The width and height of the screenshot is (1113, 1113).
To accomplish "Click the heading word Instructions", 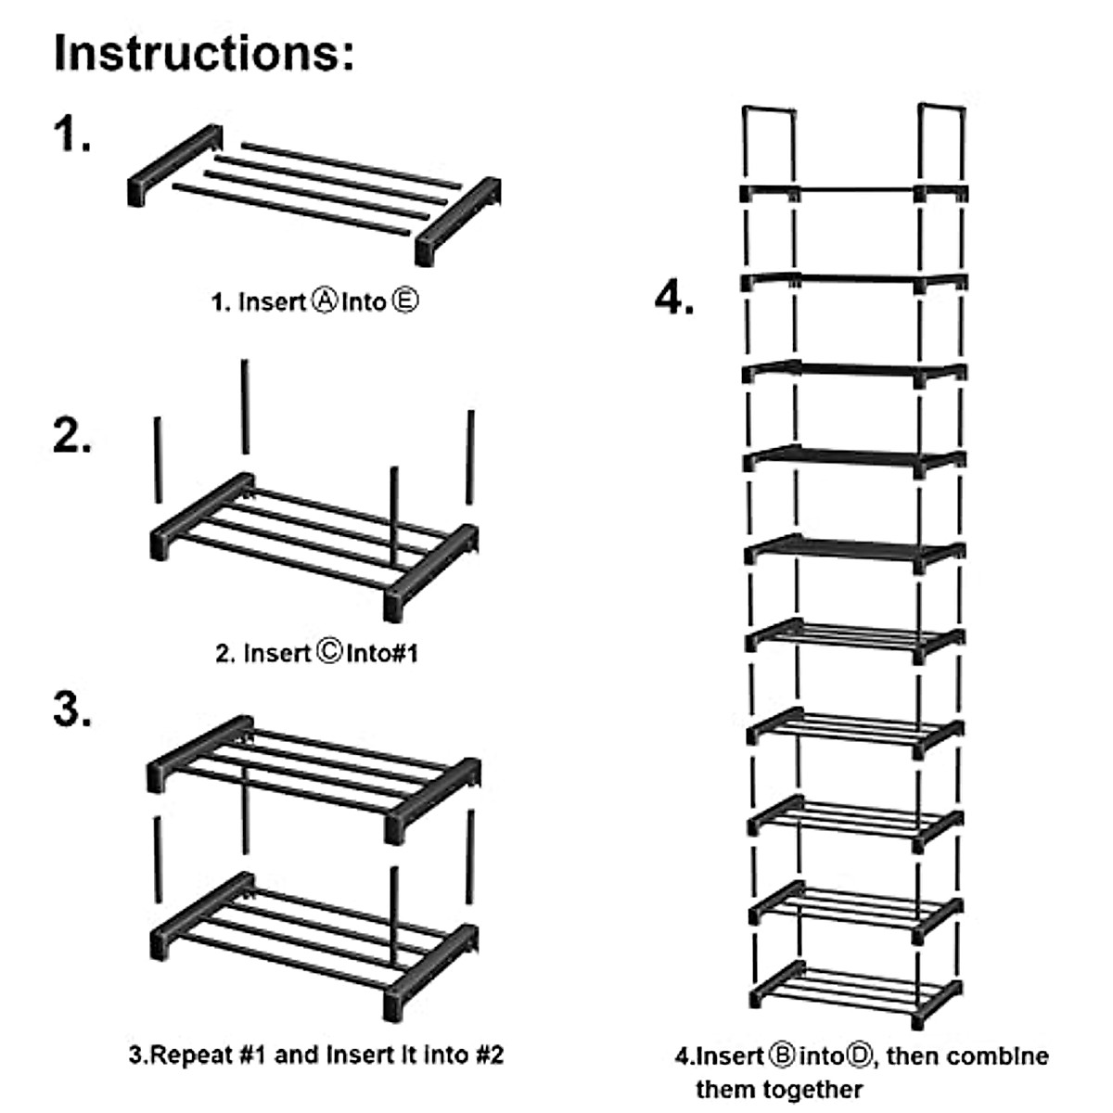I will (x=204, y=52).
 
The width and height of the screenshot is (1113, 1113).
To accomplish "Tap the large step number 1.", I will (x=71, y=134).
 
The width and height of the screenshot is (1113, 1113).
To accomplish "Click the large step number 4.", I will (x=674, y=299).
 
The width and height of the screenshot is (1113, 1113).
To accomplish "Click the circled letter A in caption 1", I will (x=324, y=301).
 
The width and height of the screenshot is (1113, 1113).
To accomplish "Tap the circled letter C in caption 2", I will (x=329, y=653).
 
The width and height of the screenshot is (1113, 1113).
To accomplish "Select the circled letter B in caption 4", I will (x=780, y=1055).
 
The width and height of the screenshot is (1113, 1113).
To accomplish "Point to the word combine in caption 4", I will (x=1001, y=1055).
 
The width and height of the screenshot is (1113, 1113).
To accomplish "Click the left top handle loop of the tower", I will (x=769, y=139).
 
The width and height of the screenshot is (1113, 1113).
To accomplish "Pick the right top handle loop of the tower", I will (x=941, y=139).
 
